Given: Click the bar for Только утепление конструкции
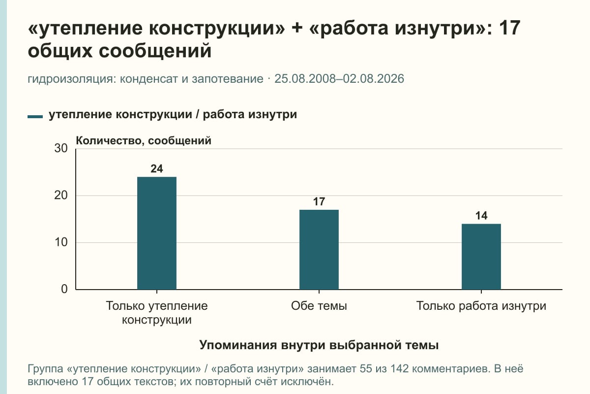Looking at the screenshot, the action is (157, 233).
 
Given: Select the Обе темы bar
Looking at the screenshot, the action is (319, 250).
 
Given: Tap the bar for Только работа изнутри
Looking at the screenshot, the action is (481, 257).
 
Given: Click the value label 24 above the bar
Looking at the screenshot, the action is (157, 168).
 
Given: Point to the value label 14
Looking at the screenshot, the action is (481, 216).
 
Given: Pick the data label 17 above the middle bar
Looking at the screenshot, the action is (319, 201).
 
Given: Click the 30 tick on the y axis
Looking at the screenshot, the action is (61, 148).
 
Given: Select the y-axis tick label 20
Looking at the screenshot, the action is (61, 196).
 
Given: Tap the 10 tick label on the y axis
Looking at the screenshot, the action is (61, 242).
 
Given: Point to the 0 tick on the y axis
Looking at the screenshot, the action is (64, 289).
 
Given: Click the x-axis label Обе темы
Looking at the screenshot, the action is (319, 306).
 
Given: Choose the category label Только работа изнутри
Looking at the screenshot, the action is (481, 306).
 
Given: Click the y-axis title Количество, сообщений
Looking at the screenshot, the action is (144, 141).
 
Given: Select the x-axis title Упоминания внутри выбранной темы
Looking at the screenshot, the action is (319, 345).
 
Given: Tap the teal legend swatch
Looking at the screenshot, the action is (35, 117).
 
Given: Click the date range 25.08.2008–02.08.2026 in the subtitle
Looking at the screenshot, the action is (339, 79).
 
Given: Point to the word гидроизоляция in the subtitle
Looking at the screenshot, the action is (72, 79).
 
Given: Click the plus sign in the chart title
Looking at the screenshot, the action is (297, 28).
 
